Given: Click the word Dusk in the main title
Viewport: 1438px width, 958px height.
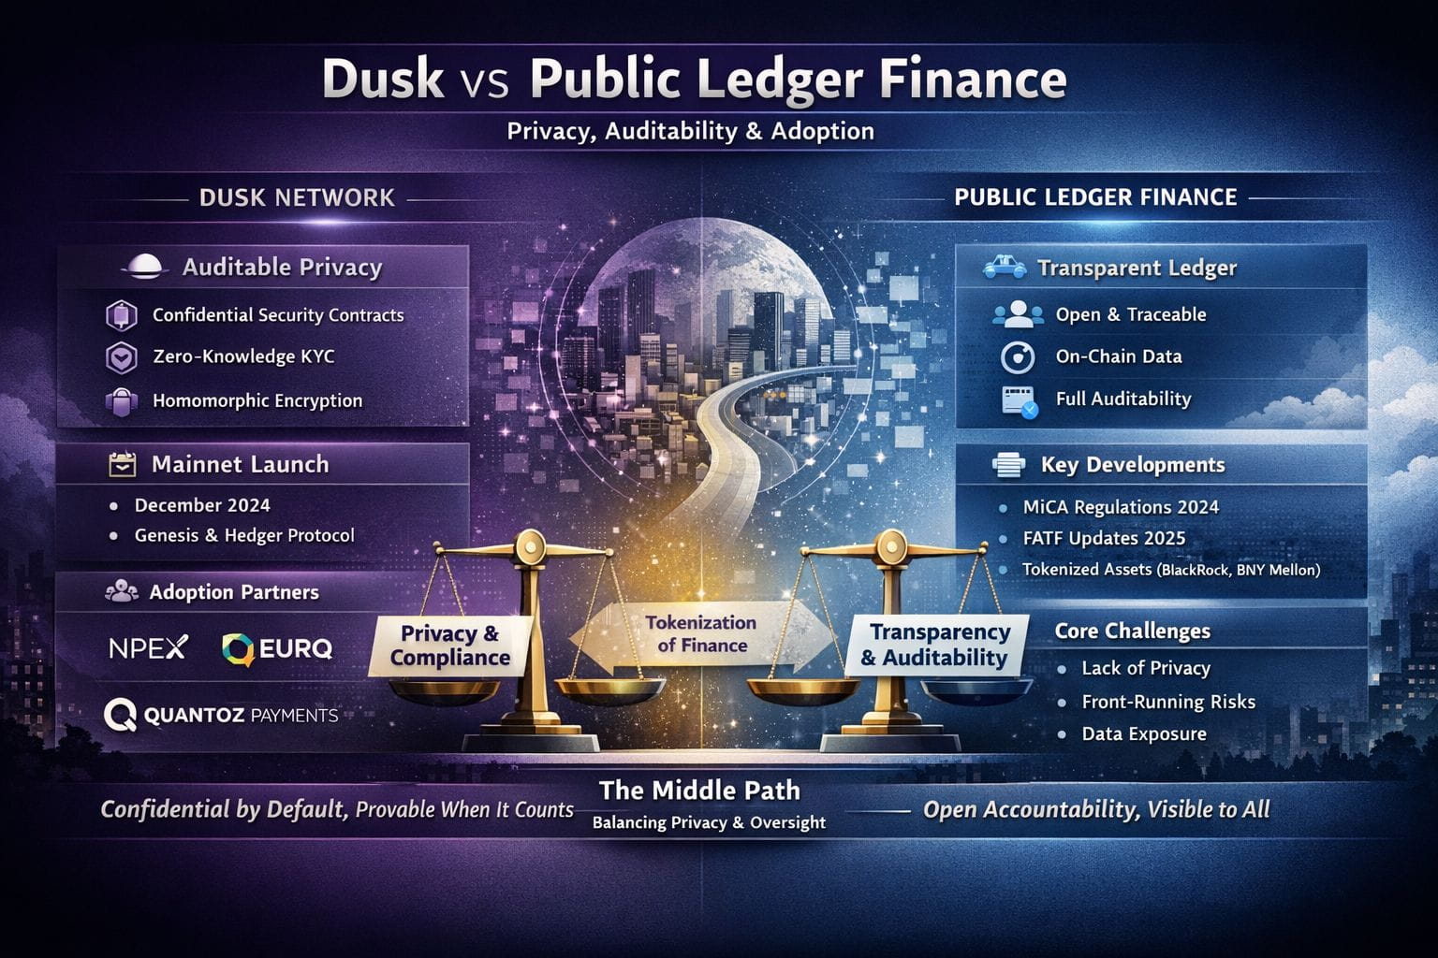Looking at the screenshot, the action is click(382, 79).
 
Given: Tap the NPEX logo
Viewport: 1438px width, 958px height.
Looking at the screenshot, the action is click(148, 646).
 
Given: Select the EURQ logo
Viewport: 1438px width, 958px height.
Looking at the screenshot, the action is click(277, 647).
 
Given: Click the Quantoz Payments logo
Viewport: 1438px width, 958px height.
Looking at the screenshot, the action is click(221, 716).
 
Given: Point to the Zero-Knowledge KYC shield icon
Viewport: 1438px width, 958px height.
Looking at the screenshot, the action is click(122, 357).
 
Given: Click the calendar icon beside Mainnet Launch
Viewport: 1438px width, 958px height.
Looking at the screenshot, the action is click(123, 464).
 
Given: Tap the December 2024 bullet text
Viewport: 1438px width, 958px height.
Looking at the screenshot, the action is click(202, 505).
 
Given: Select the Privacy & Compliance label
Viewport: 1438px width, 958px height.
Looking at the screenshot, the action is click(449, 646).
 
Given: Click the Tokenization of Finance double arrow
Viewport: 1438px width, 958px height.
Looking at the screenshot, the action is click(701, 634).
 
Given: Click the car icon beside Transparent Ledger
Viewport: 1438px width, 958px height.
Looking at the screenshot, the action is click(1005, 269).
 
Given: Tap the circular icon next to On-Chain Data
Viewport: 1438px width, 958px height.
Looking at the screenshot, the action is click(1017, 357).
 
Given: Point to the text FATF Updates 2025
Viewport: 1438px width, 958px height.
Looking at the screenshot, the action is click(1104, 538).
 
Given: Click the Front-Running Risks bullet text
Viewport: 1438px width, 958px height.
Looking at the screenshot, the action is click(1167, 702).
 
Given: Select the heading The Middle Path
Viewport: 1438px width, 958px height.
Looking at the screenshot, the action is click(699, 791).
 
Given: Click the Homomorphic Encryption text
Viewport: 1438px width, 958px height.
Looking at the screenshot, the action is click(257, 400).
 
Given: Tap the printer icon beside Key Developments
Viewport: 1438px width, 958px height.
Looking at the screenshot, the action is click(1008, 465).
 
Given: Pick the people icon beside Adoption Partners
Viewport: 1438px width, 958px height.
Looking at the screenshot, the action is click(122, 592).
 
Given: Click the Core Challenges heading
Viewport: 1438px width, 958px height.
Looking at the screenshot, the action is click(1132, 631).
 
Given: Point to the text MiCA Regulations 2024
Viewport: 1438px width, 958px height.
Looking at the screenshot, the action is click(1121, 507).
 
